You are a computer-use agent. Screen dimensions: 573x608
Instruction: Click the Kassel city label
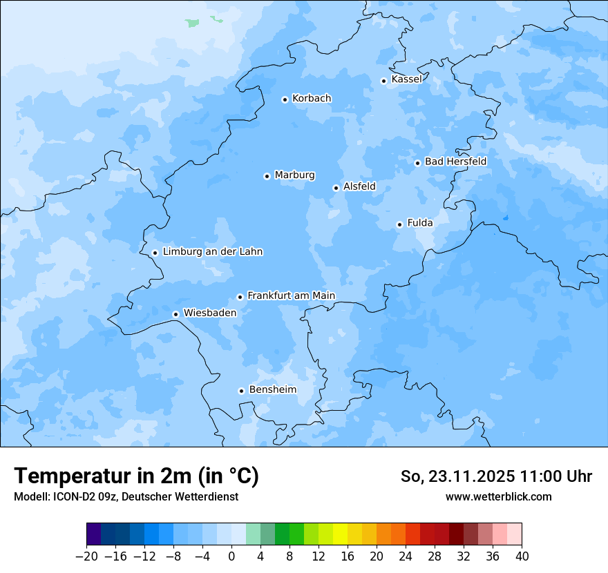pos(406,79)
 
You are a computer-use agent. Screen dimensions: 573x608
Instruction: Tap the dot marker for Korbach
pos(285,99)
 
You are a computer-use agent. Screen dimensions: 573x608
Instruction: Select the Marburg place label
pos(294,175)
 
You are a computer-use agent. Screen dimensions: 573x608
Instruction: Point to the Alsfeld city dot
pos(336,188)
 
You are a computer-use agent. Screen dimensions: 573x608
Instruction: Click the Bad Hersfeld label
pos(455,162)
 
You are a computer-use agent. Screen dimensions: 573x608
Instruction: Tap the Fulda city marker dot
pos(399,224)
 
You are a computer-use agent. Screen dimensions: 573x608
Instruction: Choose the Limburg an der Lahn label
pos(212,252)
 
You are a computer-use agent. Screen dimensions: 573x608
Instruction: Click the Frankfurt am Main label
pos(291,295)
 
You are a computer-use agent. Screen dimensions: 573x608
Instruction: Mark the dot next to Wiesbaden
pos(176,314)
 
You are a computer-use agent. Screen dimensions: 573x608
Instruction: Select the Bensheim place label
pos(272,389)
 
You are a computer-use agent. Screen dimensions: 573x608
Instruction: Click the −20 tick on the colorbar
pos(86,556)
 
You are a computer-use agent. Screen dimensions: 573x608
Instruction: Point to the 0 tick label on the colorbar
pos(231,556)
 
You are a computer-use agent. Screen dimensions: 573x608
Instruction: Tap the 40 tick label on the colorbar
pos(522,556)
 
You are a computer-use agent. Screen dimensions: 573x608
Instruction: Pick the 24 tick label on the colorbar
pos(406,556)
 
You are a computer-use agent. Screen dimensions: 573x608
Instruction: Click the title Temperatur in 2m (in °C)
pos(136,476)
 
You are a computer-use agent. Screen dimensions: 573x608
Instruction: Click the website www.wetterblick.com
pos(498,496)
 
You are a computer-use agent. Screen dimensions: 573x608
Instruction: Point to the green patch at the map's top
pos(192,23)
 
